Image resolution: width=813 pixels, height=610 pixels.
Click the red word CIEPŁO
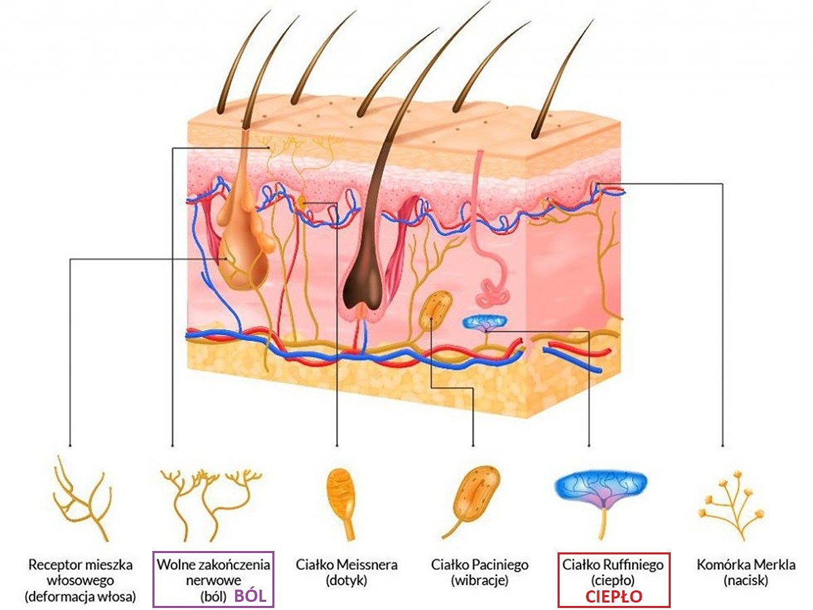(x=613, y=597)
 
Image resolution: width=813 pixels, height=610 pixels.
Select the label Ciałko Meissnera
(x=347, y=565)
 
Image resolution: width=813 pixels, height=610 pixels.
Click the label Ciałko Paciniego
(x=480, y=565)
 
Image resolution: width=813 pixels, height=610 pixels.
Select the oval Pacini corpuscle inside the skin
(x=436, y=310)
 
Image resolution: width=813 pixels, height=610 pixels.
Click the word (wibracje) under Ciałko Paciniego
(x=480, y=581)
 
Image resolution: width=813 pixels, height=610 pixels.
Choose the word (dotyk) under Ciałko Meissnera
(x=346, y=581)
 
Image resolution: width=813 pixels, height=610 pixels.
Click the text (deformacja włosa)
(x=80, y=597)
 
